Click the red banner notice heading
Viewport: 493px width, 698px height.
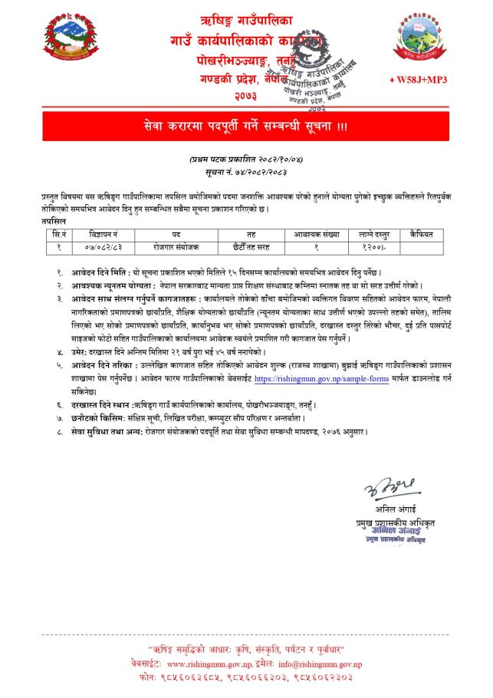246,125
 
